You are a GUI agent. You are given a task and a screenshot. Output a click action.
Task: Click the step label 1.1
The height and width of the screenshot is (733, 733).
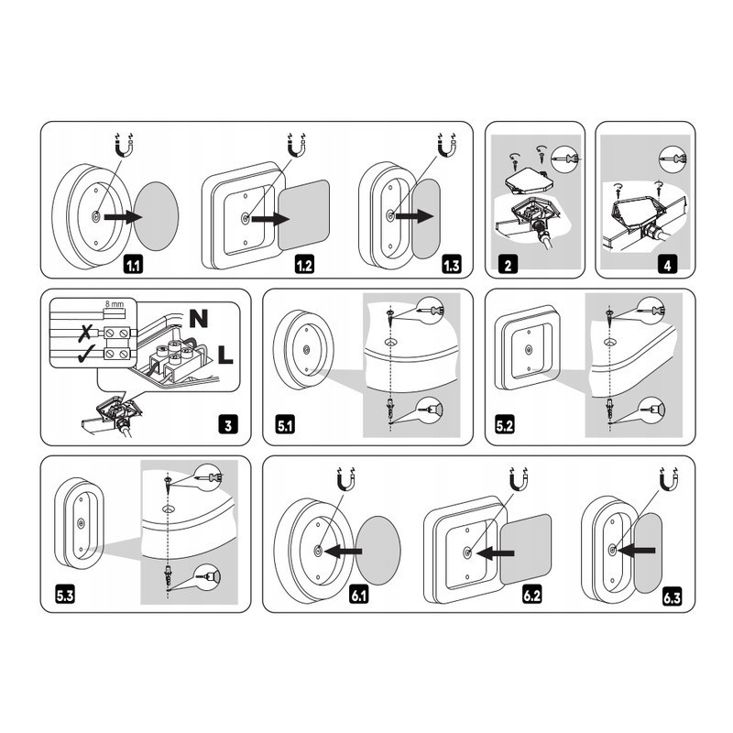coord(133,266)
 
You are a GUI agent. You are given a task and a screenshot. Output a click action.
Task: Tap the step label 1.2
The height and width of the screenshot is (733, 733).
coord(304,266)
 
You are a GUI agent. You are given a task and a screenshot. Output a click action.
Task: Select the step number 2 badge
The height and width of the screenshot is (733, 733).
coord(509,265)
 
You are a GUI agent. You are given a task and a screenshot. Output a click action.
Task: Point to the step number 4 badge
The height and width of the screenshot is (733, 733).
coord(668,265)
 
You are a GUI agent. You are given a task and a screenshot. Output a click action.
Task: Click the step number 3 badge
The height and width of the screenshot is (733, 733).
coord(228,425)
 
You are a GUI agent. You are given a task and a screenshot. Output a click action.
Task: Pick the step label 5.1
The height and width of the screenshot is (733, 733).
coord(285,425)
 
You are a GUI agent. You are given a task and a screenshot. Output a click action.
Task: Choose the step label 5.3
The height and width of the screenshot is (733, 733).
coord(65,596)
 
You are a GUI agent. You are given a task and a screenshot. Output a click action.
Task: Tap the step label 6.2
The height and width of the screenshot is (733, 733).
coord(532,596)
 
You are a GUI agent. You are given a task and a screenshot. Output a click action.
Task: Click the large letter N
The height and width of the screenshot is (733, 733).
coord(199,318)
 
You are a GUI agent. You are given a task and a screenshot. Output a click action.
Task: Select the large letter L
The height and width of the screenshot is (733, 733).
coord(225,355)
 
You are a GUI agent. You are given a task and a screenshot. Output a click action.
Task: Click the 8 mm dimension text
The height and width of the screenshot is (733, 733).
coord(115,304)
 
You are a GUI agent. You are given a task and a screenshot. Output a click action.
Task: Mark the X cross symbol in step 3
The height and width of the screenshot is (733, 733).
coord(84,333)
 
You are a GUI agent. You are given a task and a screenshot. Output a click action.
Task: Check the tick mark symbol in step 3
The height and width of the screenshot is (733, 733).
coord(86,354)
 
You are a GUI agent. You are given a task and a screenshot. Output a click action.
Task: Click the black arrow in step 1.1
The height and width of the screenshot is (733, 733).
coord(124,217)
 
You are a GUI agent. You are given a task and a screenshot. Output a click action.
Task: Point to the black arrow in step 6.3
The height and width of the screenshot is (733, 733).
coord(637,552)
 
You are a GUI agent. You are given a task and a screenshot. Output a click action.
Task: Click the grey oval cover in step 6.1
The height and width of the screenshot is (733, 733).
coord(377,551)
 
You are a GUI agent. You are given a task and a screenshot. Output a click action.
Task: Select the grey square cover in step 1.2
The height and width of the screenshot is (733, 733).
coord(304,215)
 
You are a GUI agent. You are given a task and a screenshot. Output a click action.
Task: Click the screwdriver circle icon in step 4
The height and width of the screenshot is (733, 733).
coord(672,159)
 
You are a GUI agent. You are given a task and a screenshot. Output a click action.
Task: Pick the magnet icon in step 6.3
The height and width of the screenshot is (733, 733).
coord(669,479)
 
